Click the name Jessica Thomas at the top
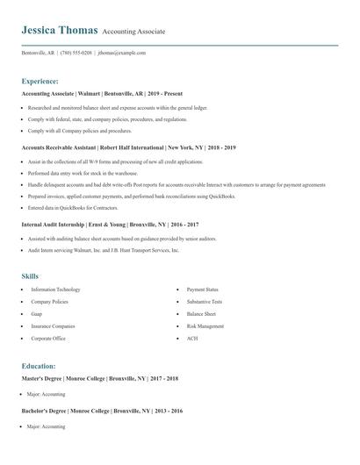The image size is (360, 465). pyautogui.click(x=59, y=30)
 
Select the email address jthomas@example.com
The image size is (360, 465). pyautogui.click(x=122, y=53)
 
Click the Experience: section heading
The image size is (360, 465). pyautogui.click(x=46, y=81)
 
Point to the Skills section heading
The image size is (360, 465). pyautogui.click(x=30, y=275)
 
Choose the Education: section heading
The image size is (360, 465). pyautogui.click(x=39, y=366)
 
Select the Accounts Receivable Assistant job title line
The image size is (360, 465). pyautogui.click(x=128, y=147)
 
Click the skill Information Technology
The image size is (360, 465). pyautogui.click(x=55, y=290)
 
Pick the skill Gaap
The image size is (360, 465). pyautogui.click(x=37, y=313)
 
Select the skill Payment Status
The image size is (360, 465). pyautogui.click(x=203, y=290)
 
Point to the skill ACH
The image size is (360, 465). pyautogui.click(x=192, y=338)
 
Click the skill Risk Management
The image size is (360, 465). pyautogui.click(x=205, y=325)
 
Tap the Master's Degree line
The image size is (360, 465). pyautogui.click(x=100, y=378)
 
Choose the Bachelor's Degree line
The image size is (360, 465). pyautogui.click(x=102, y=411)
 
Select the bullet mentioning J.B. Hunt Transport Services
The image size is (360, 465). pyautogui.click(x=104, y=250)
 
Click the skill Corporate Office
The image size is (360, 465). pyautogui.click(x=48, y=338)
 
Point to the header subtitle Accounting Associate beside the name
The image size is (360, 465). pyautogui.click(x=133, y=32)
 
